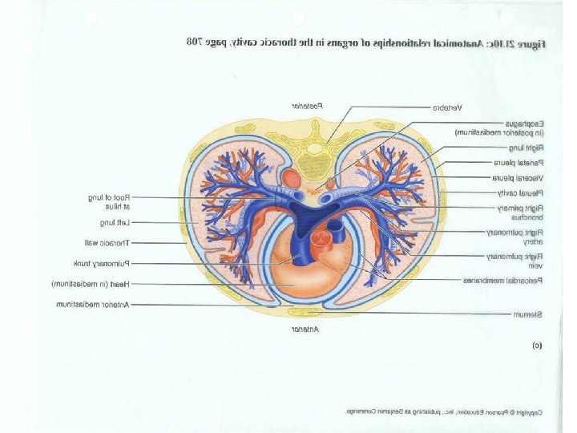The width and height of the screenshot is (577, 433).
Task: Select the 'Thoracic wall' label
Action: [106, 242]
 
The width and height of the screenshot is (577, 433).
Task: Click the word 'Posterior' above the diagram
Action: [306, 105]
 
